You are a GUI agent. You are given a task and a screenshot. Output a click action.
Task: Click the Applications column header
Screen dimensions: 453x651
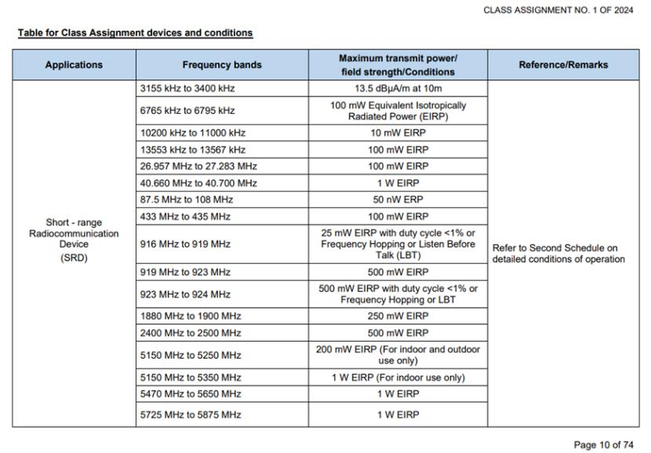(x=74, y=65)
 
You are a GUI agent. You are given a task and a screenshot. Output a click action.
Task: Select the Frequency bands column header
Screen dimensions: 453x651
(x=222, y=65)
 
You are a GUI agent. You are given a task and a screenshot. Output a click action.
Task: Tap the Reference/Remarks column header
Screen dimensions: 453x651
(x=563, y=65)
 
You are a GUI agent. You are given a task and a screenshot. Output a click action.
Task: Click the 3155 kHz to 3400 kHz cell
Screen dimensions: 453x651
(x=185, y=89)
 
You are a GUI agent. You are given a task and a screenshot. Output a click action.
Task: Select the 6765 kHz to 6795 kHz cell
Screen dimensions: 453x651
(x=185, y=111)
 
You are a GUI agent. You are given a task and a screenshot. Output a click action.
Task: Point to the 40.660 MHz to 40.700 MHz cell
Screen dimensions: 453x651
(x=195, y=183)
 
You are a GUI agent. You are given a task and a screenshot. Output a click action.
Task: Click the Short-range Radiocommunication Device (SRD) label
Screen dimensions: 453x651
(x=74, y=239)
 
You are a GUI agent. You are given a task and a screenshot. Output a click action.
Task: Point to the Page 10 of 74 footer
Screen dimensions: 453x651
(x=603, y=445)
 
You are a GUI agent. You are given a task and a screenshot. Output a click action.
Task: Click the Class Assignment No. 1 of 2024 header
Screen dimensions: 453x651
(x=558, y=10)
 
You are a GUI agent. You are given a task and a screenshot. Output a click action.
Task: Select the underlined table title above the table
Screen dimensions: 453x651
(x=135, y=33)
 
